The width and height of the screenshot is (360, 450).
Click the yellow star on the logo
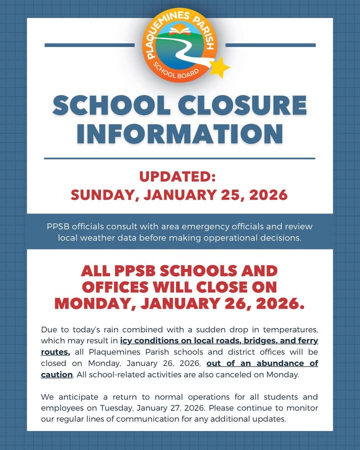(x=219, y=68)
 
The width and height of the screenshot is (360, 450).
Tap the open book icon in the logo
(x=180, y=30)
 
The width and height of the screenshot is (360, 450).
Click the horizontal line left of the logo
(x=89, y=45)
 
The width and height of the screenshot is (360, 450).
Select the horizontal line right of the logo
(x=270, y=45)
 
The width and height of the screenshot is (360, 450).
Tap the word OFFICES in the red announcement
(x=115, y=287)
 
